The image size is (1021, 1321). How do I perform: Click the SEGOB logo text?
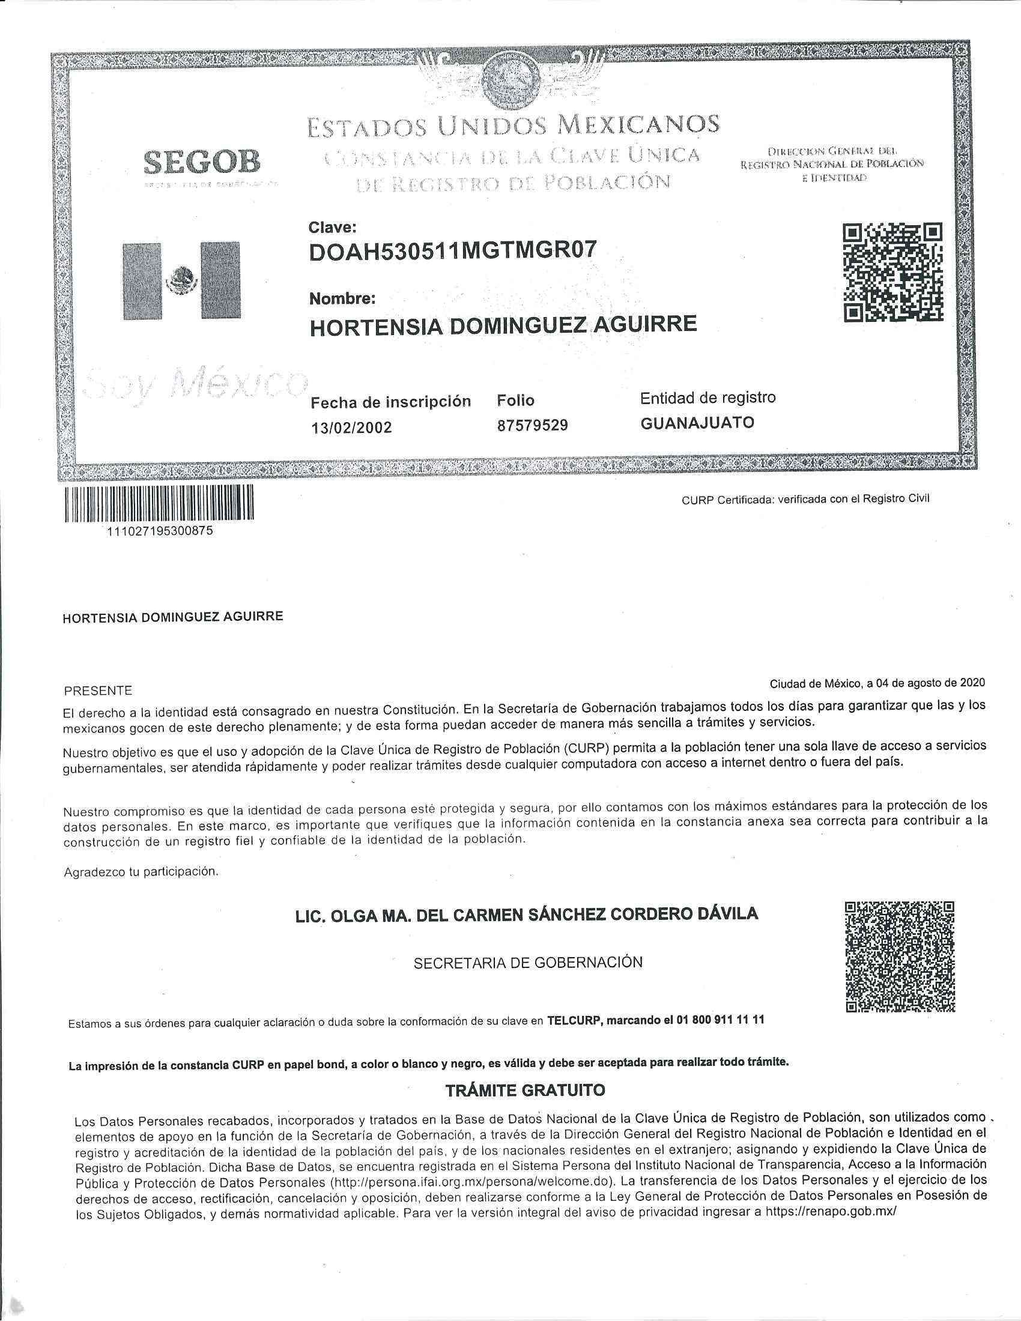coord(202,162)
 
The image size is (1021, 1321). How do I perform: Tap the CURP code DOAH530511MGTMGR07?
coord(452,252)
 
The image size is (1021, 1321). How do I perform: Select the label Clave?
coord(332,228)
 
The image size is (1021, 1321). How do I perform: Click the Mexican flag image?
coord(181,280)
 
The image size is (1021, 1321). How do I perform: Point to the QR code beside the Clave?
coord(892,272)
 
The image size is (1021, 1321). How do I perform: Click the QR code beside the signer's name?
coord(900,957)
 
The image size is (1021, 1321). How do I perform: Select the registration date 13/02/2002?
coord(351,428)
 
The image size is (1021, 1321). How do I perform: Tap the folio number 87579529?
coord(532,425)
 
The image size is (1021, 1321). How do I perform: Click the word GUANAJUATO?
coord(697,423)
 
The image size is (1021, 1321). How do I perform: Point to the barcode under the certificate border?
coord(159,503)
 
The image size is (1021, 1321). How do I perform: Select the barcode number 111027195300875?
coord(159,531)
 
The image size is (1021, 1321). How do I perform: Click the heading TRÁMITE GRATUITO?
coord(525,1090)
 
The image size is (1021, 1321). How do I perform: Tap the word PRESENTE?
coord(97,691)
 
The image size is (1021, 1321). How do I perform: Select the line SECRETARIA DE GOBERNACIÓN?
coord(528,963)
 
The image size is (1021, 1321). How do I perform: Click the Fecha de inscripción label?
coord(390,402)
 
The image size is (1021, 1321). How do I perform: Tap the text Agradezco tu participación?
coord(141,872)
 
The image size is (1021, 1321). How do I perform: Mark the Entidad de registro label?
coord(707,398)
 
